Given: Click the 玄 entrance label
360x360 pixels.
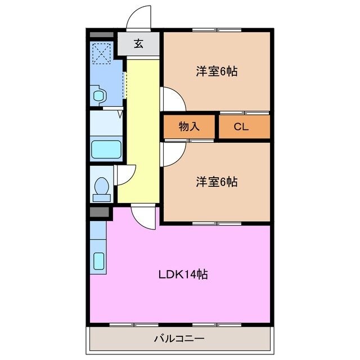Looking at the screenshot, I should pyautogui.click(x=138, y=44).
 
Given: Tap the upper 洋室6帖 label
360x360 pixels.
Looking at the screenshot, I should pyautogui.click(x=216, y=72).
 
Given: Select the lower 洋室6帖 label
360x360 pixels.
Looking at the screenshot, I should pyautogui.click(x=216, y=182).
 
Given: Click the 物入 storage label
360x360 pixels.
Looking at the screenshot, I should pyautogui.click(x=189, y=127).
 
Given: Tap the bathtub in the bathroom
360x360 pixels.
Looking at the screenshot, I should pyautogui.click(x=106, y=150).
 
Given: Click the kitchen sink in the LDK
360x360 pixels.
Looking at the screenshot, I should pyautogui.click(x=98, y=261).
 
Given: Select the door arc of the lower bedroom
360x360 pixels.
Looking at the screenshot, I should pyautogui.click(x=172, y=152).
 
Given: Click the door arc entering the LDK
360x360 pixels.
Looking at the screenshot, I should pyautogui.click(x=143, y=217).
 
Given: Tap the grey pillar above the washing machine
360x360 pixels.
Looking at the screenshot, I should pyautogui.click(x=102, y=34).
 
